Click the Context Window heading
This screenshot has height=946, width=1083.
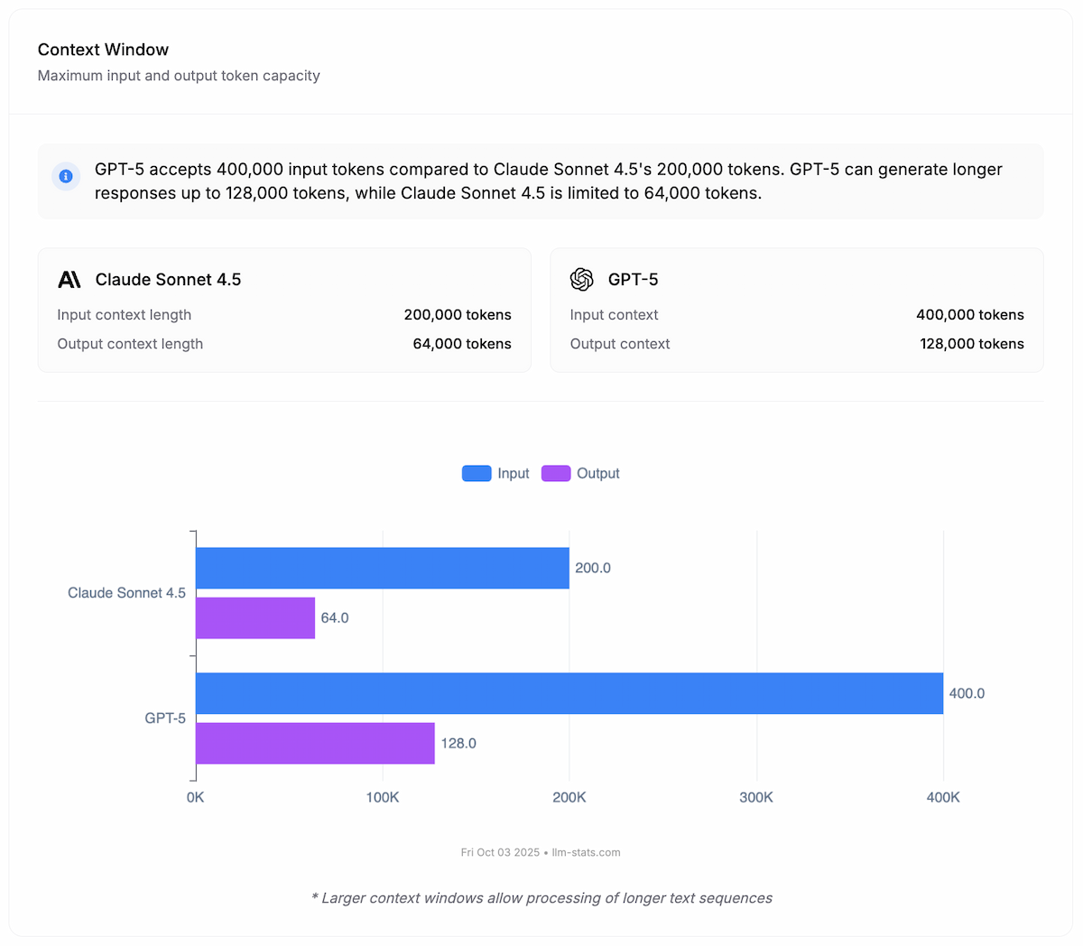[x=103, y=50]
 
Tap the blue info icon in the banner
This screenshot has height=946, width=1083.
[x=66, y=176]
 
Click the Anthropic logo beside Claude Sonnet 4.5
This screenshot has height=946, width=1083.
[x=69, y=280]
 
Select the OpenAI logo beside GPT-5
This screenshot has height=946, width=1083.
[x=582, y=280]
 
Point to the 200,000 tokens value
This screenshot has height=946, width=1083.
[x=458, y=315]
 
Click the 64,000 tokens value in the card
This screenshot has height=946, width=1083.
[x=462, y=344]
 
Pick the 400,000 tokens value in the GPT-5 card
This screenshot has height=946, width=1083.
[x=970, y=315]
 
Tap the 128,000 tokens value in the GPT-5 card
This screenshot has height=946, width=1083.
[x=972, y=344]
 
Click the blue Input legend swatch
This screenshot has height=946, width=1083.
[x=477, y=473]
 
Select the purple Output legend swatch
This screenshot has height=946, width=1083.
[x=556, y=473]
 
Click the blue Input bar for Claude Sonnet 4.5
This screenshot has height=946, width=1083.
[x=383, y=568]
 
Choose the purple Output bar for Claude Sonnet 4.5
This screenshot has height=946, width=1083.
[x=255, y=617]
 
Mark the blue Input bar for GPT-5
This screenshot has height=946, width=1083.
[x=569, y=693]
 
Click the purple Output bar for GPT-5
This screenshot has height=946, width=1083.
[x=315, y=743]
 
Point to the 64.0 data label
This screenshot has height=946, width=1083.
[x=335, y=618]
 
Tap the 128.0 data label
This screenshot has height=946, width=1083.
[x=458, y=744]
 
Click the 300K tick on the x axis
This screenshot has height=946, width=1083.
[x=756, y=798]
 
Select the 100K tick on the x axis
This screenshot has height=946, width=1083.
[x=383, y=798]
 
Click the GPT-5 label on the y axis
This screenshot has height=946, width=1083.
[x=165, y=719]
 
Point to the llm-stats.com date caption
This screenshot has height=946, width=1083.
[x=541, y=852]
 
